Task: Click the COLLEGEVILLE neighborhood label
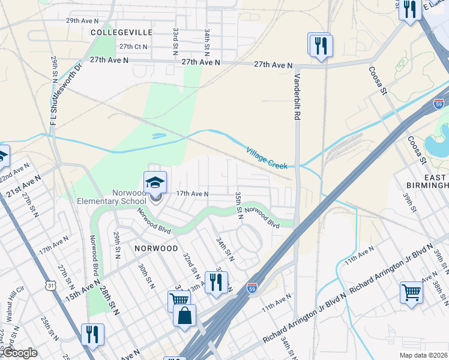[122, 32]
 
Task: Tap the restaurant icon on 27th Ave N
[321, 45]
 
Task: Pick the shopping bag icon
[184, 314]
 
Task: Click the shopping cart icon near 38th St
[411, 292]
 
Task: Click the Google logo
[19, 353]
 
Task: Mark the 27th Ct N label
[133, 46]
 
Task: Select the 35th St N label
[238, 205]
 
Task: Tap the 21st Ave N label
[25, 187]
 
